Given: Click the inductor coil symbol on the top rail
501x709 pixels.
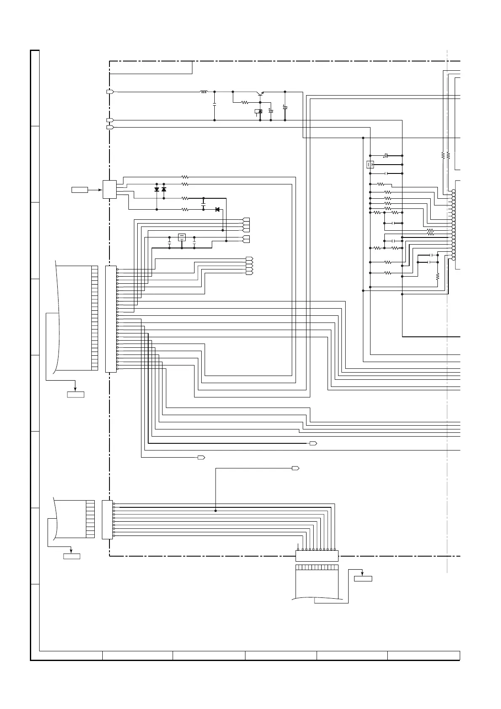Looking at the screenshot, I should click(204, 92).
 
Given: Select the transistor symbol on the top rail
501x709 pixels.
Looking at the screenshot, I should click(260, 94).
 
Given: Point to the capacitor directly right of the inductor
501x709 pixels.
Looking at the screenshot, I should click(215, 105).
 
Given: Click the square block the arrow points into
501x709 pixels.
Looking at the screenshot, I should click(109, 189).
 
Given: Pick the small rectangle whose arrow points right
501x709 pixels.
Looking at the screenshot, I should click(80, 190).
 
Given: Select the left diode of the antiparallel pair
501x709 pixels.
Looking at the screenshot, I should click(157, 189).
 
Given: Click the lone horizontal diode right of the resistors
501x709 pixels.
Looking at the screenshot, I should click(217, 209).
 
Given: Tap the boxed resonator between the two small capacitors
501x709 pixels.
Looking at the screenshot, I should click(182, 237).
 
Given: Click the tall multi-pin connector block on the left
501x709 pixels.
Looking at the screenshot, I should click(110, 319).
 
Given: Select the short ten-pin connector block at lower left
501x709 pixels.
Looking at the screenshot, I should click(107, 520).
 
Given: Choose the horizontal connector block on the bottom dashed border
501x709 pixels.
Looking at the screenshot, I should click(317, 556).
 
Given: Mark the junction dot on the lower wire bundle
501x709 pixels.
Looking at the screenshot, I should click(216, 511).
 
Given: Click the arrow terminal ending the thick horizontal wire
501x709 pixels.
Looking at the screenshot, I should click(313, 443).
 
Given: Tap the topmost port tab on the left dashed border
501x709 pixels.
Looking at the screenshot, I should click(110, 92).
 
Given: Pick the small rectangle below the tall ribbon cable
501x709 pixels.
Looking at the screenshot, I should click(75, 394).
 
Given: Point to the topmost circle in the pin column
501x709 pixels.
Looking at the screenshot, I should click(453, 192).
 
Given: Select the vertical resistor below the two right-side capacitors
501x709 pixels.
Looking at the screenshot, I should click(437, 277).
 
